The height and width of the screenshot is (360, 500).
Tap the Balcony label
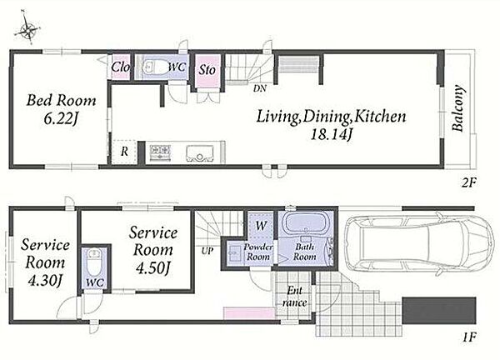[x=457, y=107]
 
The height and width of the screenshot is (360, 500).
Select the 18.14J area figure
[x=332, y=135]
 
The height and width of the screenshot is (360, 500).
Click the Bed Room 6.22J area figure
[x=61, y=119]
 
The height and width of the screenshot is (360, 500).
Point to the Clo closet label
[x=120, y=67]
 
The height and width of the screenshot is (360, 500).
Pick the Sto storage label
[x=207, y=69]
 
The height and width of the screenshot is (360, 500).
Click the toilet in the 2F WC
[x=153, y=67]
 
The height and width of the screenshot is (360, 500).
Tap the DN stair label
[x=259, y=89]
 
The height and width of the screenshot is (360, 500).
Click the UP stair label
[x=207, y=252]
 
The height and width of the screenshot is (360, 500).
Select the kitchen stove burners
[x=160, y=152]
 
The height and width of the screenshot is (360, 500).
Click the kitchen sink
[x=199, y=153]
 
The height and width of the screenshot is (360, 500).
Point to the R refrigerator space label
[x=124, y=152]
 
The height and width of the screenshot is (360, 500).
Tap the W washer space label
[x=261, y=226]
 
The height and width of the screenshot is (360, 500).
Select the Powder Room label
[x=258, y=252]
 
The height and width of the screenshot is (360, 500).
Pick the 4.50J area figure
[x=152, y=268]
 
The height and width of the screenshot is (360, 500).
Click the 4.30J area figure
[x=45, y=281]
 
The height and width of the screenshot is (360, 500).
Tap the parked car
[x=418, y=244]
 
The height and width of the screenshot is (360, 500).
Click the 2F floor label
[x=469, y=183]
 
